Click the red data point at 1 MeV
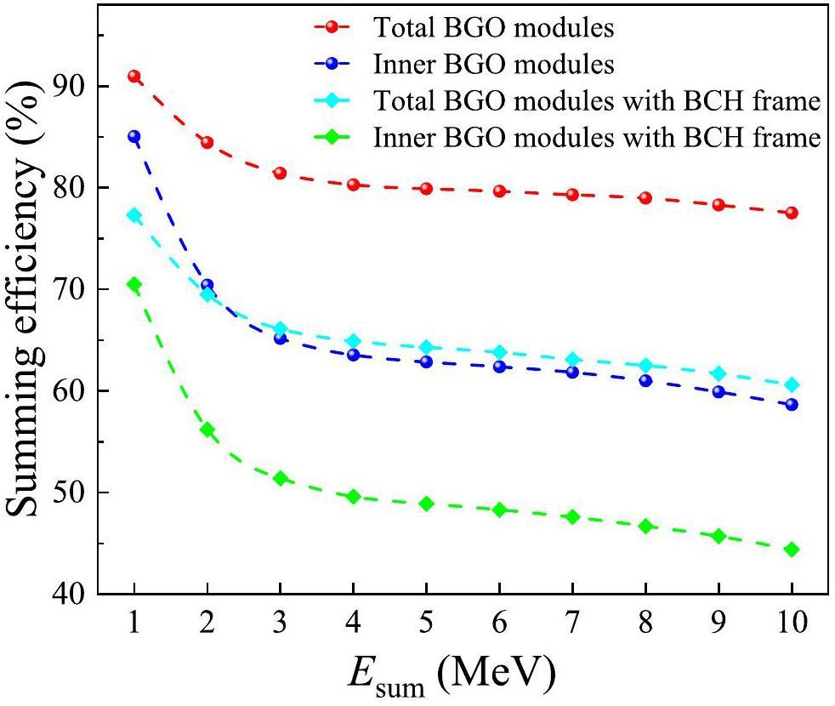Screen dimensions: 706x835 (x=133, y=77)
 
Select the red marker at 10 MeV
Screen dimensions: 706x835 (x=792, y=213)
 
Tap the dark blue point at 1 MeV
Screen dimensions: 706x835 (x=133, y=136)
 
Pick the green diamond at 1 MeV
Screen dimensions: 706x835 (x=133, y=284)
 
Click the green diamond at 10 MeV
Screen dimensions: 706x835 (x=792, y=549)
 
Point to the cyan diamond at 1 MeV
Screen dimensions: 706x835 (x=133, y=215)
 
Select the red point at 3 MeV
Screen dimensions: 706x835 (x=280, y=173)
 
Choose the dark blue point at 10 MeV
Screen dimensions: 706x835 (x=792, y=405)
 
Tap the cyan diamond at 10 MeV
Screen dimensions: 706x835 (x=792, y=384)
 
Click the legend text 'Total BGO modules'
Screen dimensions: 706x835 (x=493, y=27)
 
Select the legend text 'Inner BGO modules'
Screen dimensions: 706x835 (x=493, y=64)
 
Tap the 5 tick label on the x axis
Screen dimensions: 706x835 (x=426, y=623)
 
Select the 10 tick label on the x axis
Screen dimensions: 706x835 (x=792, y=623)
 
